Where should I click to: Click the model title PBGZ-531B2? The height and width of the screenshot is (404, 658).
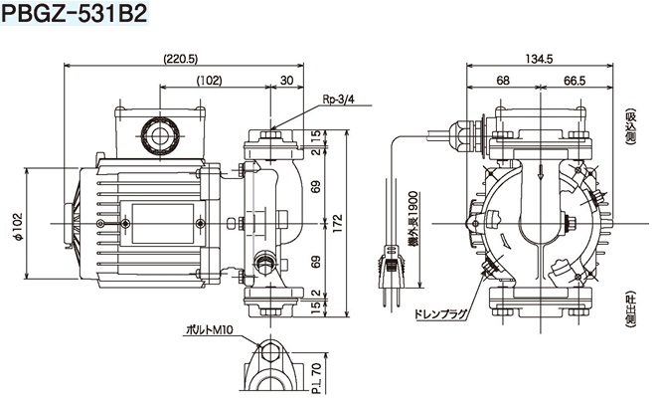74,16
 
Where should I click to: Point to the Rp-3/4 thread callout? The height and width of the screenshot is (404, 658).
341,100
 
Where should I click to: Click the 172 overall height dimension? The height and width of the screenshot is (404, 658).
338,219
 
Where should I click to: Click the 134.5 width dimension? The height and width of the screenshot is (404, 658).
536,59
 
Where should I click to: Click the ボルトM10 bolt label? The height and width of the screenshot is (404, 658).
213,328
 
